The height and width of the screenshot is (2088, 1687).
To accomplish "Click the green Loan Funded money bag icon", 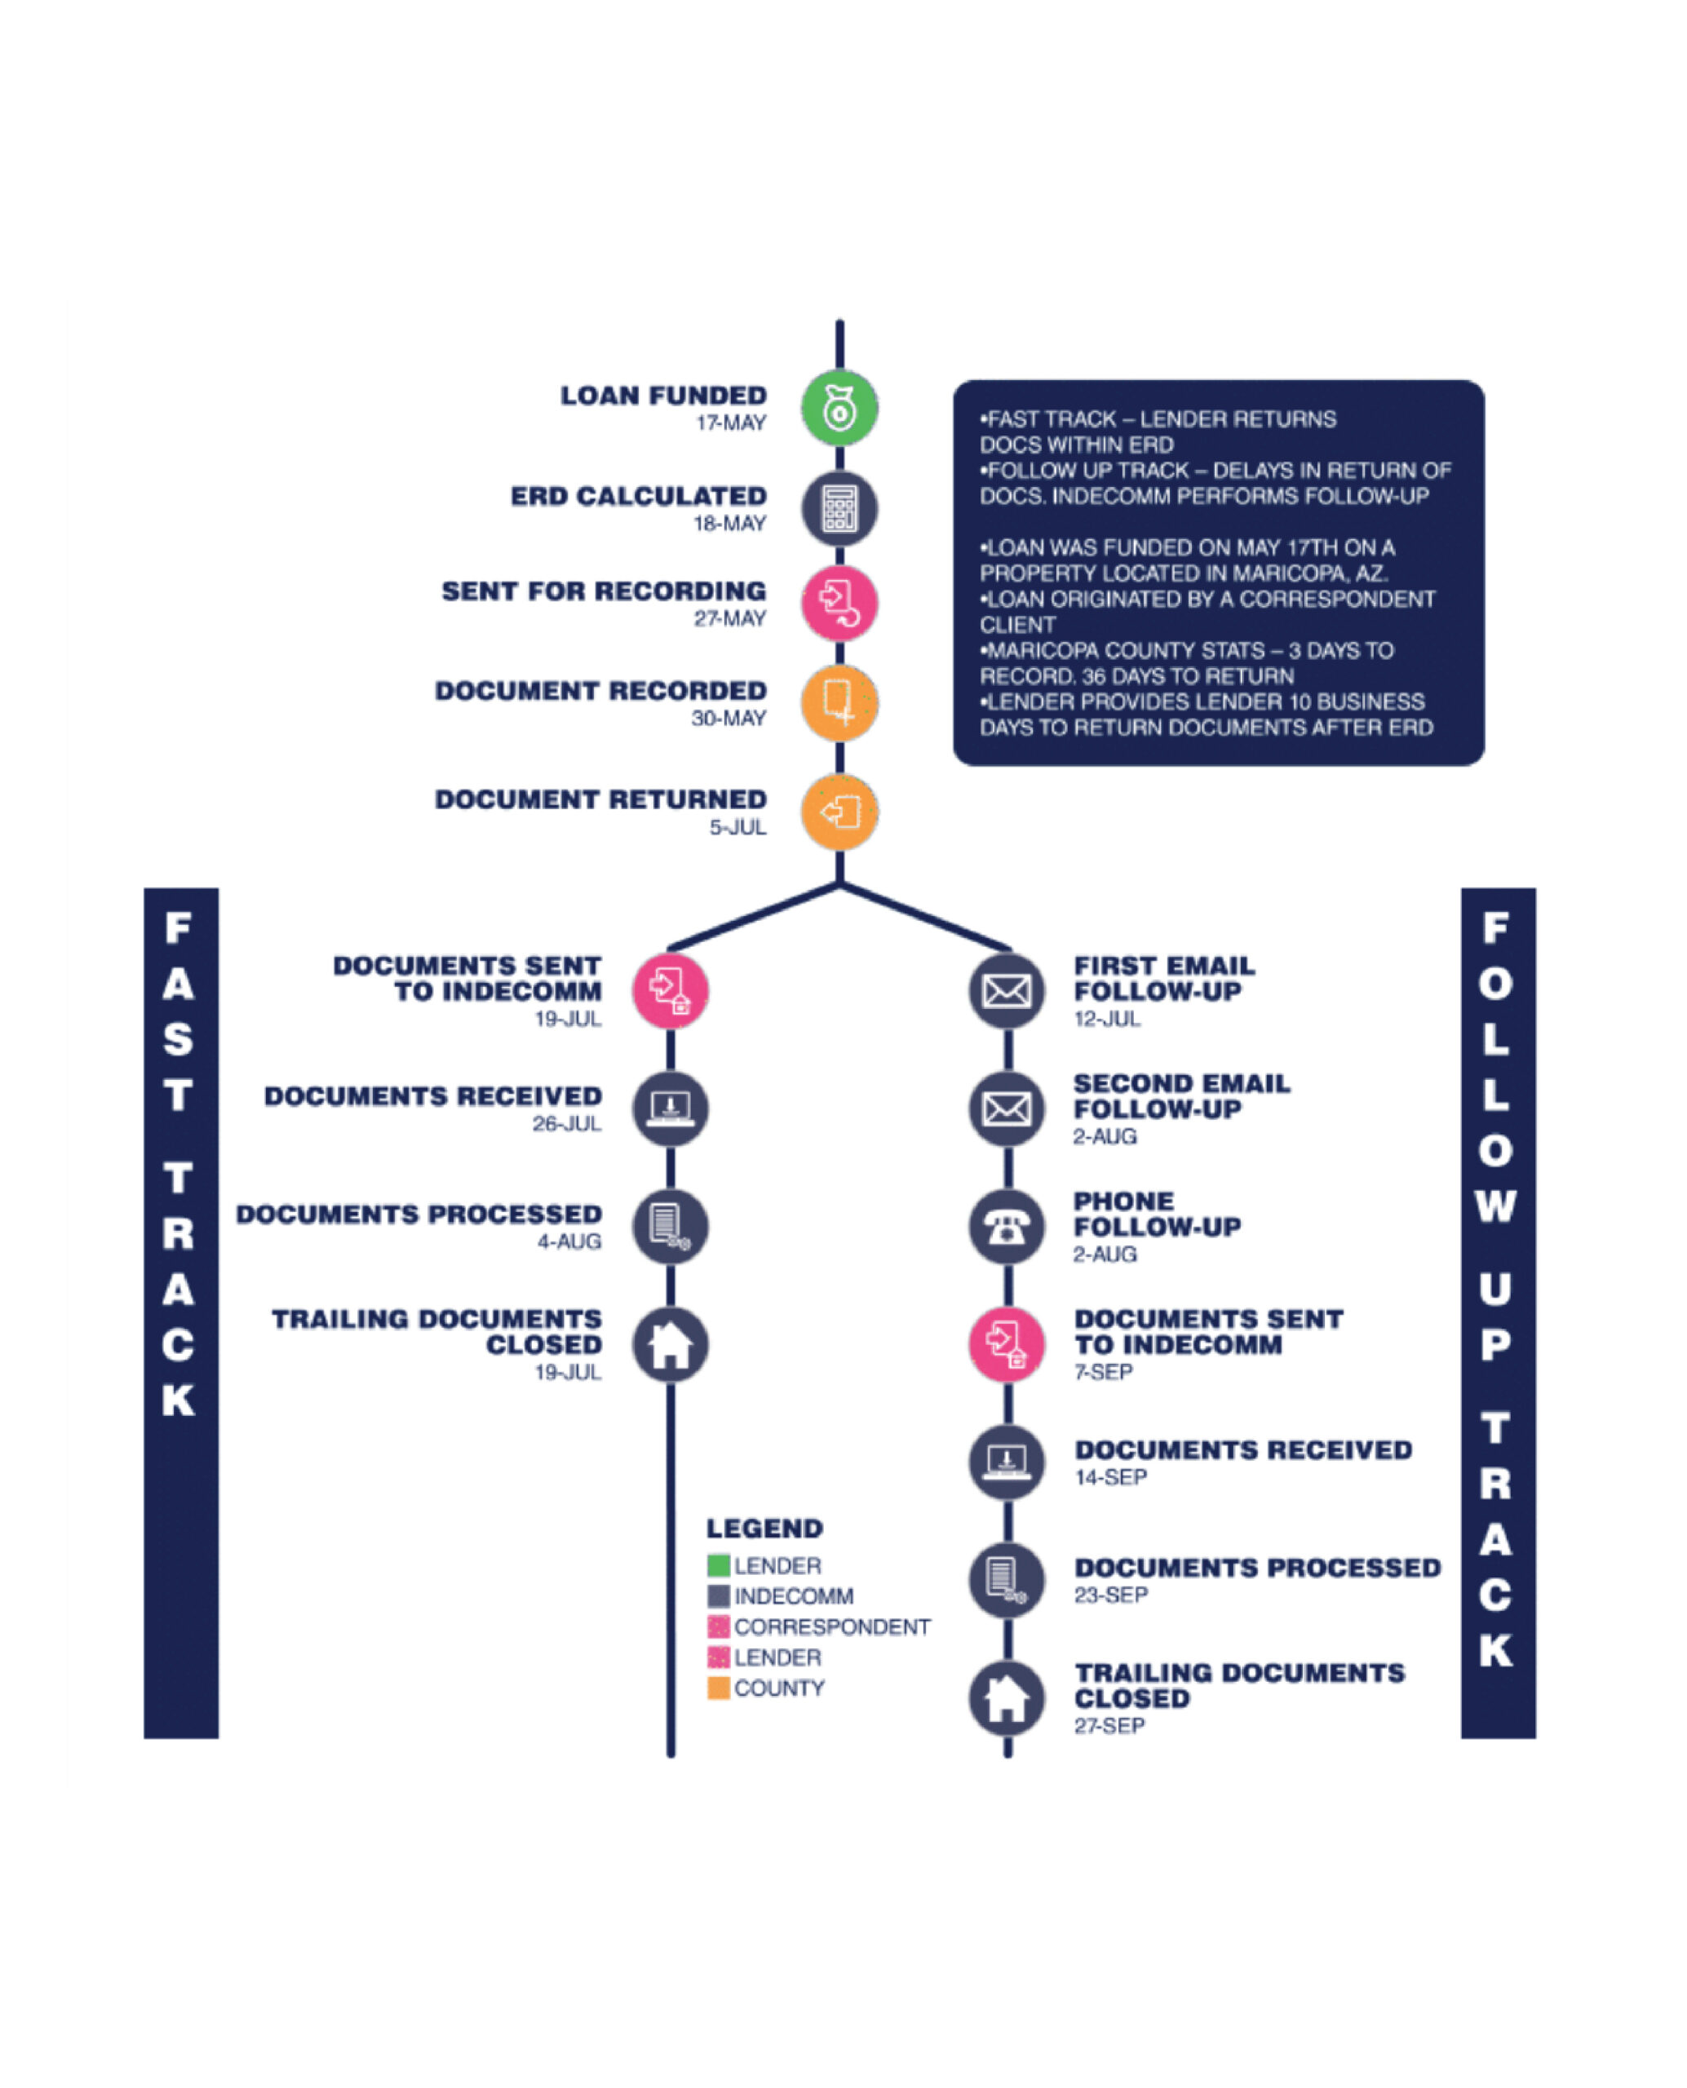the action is [839, 408].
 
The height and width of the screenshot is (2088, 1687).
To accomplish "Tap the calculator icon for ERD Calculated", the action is [839, 509].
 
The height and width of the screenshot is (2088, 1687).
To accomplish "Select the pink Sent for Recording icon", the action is [839, 604].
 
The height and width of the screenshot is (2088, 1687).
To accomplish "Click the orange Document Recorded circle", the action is [839, 702].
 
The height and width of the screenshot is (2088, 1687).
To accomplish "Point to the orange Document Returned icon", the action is [839, 812].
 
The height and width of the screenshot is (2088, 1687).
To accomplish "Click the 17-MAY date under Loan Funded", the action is [731, 422].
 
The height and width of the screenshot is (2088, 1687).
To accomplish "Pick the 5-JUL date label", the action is [737, 827].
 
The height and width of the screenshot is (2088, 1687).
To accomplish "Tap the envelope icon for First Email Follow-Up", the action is [1007, 991].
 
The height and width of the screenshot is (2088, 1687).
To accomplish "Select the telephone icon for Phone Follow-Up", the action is [1007, 1226].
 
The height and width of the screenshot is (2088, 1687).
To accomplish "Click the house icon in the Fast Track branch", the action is [671, 1345].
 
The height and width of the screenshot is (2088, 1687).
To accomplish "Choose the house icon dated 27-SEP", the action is [1007, 1698].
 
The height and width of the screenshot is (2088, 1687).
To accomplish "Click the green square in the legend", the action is [718, 1565].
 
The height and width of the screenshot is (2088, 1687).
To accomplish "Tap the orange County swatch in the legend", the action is [718, 1688].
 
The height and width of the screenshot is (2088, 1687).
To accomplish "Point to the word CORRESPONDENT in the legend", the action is [832, 1626].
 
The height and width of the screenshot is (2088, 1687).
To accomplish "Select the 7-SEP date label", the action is [1103, 1372].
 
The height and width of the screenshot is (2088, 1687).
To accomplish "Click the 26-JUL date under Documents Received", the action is [566, 1123].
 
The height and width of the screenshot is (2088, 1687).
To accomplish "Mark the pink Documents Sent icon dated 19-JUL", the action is [671, 991].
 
